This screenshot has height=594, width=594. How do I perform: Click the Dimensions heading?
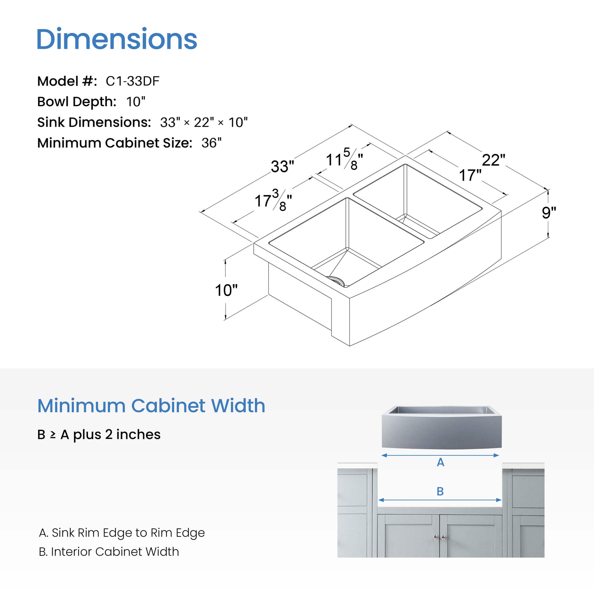[x=117, y=39]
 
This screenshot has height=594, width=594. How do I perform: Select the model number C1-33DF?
[x=132, y=81]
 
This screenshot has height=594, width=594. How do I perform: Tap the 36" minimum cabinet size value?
[x=212, y=143]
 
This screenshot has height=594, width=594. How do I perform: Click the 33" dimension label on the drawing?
[x=282, y=166]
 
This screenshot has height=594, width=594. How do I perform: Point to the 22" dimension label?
[x=493, y=160]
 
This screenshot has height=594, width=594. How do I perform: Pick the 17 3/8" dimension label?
[x=273, y=200]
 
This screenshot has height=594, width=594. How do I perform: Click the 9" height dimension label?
[x=549, y=213]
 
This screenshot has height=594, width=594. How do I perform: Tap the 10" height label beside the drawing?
[x=226, y=290]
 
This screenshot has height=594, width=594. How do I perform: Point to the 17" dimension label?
[x=470, y=175]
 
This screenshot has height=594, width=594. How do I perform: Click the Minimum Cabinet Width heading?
[x=151, y=406]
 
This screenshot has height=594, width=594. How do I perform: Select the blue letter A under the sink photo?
[x=440, y=462]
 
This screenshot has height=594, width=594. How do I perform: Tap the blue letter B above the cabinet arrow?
[x=440, y=491]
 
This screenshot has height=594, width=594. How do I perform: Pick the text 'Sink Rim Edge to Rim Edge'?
[x=128, y=533]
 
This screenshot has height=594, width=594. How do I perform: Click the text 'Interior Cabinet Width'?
[x=115, y=552]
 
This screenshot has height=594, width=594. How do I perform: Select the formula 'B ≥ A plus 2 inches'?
[x=99, y=434]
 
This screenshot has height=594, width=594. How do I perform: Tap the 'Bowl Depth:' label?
[x=77, y=102]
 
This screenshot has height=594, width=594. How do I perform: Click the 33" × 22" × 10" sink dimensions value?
[x=204, y=122]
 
